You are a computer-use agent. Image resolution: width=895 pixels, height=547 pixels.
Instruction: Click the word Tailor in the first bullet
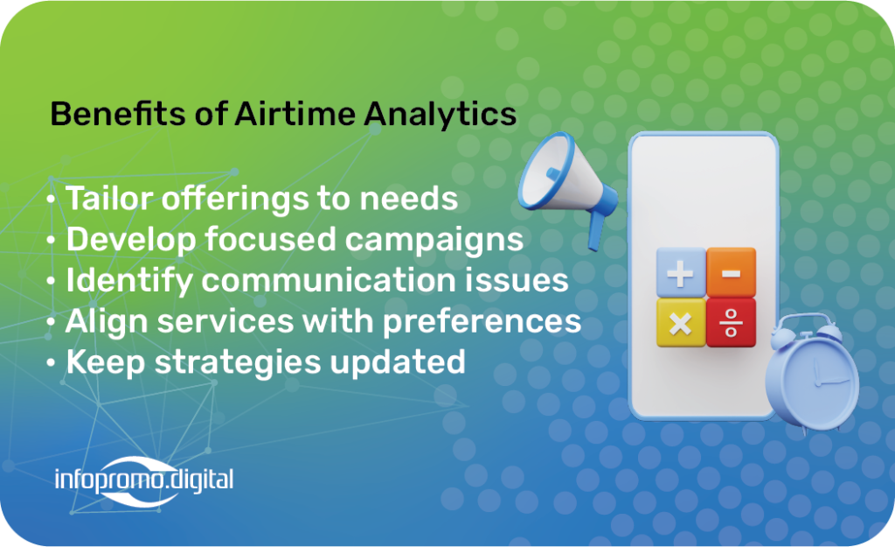pos(109,199)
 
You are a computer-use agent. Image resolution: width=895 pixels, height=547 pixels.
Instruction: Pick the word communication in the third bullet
pos(329,280)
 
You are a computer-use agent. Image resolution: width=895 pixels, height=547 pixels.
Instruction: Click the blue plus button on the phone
pos(680,273)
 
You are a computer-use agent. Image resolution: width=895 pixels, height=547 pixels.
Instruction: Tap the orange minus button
pos(732,273)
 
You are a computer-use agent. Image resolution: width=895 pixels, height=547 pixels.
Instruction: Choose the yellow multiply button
pos(680,323)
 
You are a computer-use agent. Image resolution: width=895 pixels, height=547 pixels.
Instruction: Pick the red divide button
pos(732,323)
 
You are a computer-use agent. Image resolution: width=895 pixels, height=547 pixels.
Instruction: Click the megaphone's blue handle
pos(596,231)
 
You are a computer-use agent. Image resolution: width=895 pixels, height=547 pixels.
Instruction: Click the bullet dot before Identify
pos(51,281)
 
